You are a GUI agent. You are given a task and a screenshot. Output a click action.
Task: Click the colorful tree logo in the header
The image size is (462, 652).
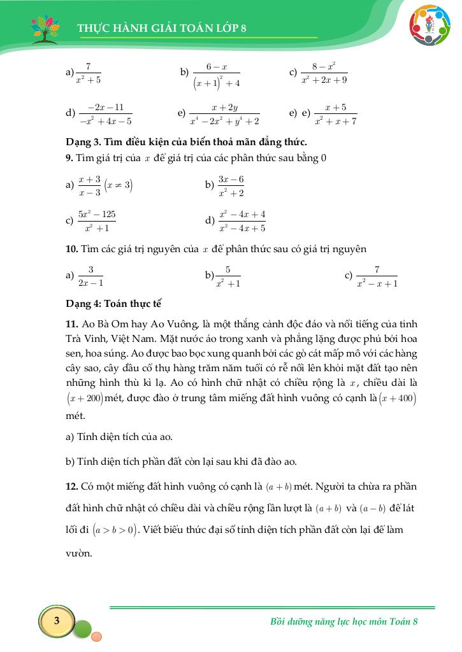point(48,29)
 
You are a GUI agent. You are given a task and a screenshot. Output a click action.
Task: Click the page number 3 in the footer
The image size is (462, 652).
point(57,621)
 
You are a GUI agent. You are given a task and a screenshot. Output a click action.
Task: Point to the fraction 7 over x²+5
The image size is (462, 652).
point(89,73)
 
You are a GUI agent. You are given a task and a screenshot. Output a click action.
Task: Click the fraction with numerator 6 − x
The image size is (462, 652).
point(217,74)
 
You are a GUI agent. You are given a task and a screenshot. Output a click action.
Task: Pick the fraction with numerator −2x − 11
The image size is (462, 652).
point(106,114)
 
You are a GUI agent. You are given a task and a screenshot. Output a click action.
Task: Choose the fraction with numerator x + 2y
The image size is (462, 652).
point(225,114)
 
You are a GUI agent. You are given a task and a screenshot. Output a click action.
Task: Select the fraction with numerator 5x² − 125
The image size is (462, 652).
point(97,221)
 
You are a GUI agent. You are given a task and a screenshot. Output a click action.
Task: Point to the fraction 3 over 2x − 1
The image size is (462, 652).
point(90,276)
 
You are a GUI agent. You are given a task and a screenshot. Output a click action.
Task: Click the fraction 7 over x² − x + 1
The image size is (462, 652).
point(377,276)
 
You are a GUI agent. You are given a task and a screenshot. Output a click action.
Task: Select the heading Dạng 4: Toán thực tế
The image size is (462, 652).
point(108,303)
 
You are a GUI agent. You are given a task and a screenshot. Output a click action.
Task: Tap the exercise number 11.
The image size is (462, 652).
point(71,323)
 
